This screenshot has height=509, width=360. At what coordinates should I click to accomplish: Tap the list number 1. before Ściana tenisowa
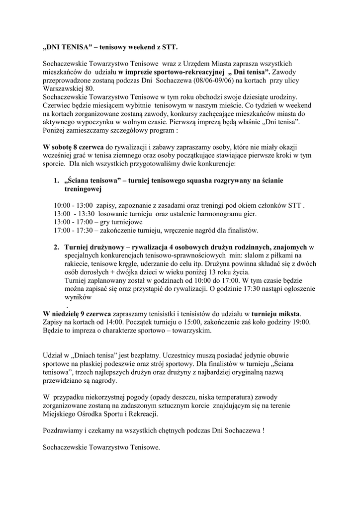(57, 180)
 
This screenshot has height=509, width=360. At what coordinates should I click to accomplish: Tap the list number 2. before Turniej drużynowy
(57, 247)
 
